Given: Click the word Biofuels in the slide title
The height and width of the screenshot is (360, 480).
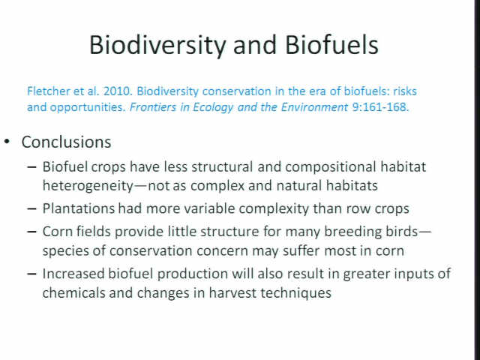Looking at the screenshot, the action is [x=331, y=45].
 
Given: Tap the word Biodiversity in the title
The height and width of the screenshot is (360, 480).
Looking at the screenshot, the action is [x=157, y=46].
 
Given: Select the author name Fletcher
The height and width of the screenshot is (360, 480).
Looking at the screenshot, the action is [x=48, y=91].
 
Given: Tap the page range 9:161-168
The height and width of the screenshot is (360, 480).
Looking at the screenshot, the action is [x=380, y=107].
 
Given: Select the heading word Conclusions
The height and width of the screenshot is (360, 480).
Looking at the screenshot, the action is [x=66, y=142].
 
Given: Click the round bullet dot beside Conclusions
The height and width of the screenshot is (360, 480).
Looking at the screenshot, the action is [x=7, y=142].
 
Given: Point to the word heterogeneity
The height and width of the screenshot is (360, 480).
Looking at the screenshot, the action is [x=88, y=186].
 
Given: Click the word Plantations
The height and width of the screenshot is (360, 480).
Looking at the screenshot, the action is [x=78, y=208].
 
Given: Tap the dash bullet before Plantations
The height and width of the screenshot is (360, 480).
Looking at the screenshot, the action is [x=31, y=209].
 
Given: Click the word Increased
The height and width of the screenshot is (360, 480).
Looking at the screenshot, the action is [x=73, y=274].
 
